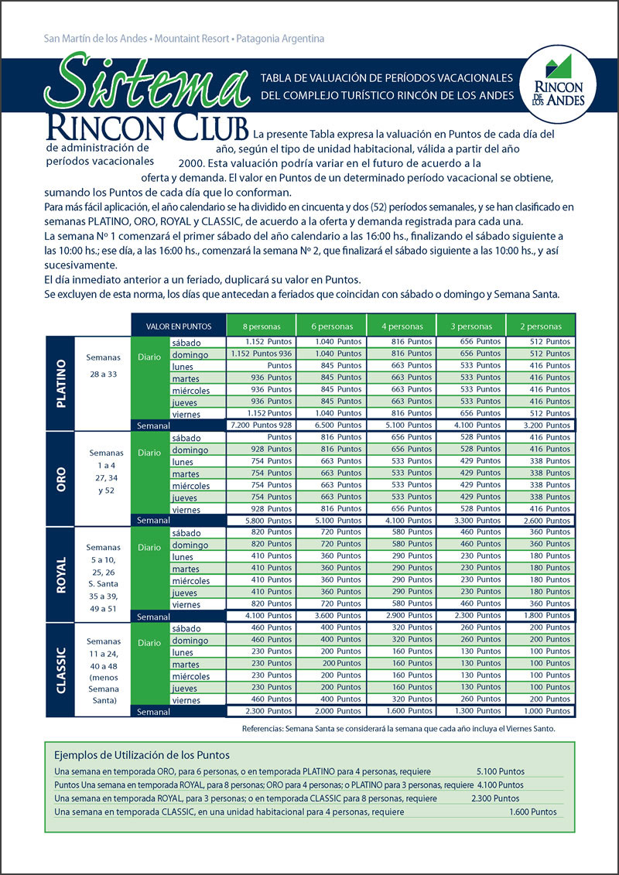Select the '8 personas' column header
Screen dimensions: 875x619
[261, 326]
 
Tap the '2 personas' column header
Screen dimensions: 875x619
[540, 326]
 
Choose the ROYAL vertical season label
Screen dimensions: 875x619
[60, 574]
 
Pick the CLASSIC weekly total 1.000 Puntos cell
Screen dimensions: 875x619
[540, 711]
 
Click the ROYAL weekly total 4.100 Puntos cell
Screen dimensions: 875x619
[261, 616]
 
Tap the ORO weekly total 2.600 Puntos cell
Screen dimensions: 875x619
[540, 521]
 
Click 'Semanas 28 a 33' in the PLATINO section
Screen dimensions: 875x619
[104, 364]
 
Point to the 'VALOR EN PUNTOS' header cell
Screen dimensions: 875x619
[179, 326]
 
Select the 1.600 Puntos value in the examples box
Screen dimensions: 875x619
[532, 812]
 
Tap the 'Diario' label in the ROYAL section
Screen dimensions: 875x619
[149, 547]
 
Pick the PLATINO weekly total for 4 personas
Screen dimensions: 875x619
[401, 425]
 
